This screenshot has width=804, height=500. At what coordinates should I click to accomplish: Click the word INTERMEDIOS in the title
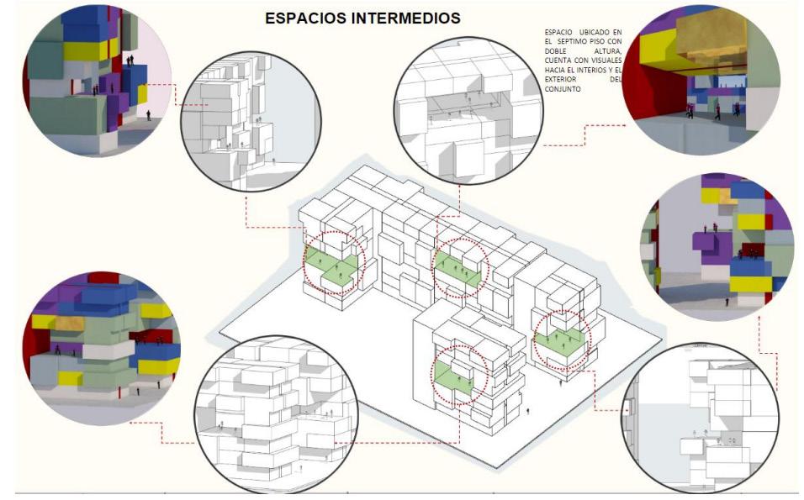coord(407,18)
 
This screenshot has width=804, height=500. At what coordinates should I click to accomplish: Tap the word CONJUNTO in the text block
coord(563,88)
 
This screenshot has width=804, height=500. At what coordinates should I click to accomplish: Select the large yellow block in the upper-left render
coord(84,50)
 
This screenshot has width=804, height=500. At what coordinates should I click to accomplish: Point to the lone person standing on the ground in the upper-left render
coord(149,114)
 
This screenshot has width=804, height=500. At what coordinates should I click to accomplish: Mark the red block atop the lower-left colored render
coord(103,277)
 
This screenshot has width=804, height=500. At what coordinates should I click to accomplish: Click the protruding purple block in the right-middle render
coord(713,245)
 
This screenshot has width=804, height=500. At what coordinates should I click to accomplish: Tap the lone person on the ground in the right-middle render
coord(728,299)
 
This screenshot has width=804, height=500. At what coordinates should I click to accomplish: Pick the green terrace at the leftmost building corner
coord(332,267)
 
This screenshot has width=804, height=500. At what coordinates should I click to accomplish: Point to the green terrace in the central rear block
coord(459,271)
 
